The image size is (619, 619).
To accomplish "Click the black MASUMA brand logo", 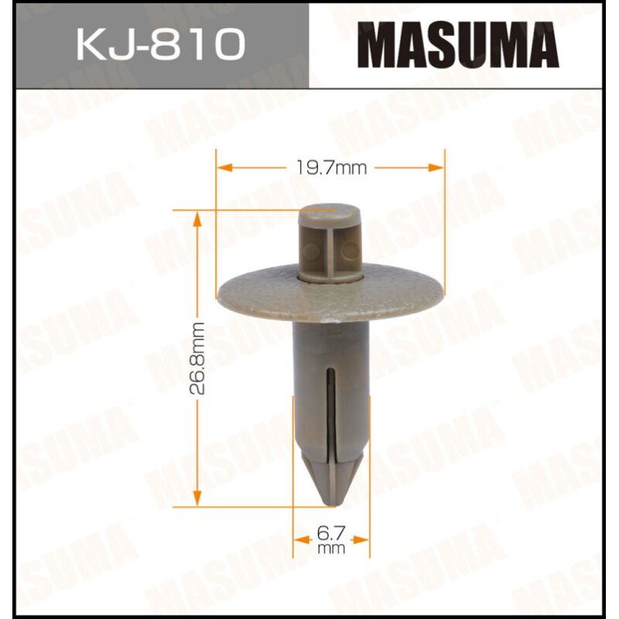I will [x=462, y=46].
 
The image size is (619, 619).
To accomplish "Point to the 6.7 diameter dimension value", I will [x=331, y=532].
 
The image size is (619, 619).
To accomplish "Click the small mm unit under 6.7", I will [x=331, y=548].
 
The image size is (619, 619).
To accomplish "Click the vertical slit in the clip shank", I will [x=331, y=410].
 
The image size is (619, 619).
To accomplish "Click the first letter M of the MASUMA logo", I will [x=387, y=46].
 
